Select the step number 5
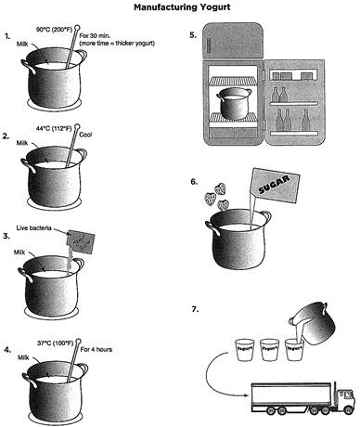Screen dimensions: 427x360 (x=192, y=36)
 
